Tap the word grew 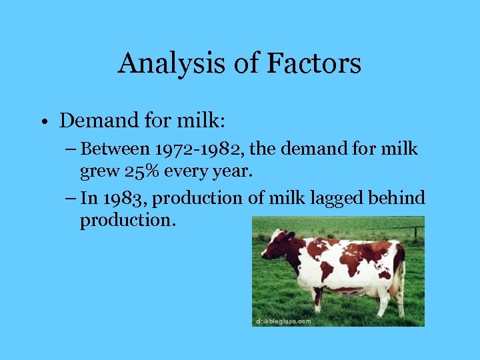tap(97, 173)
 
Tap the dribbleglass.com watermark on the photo tap(283, 321)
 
